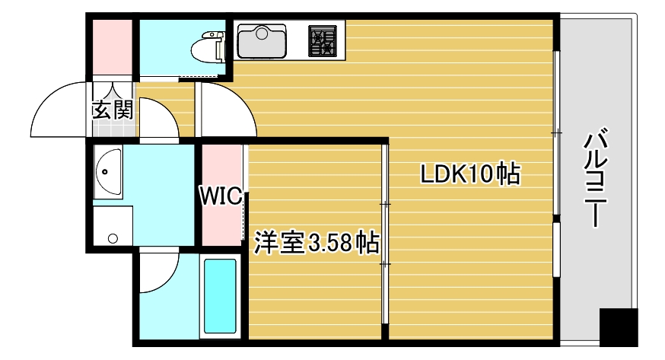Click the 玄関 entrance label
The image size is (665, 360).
(x=113, y=110)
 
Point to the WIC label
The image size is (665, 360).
(x=221, y=196)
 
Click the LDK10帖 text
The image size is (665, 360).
(x=471, y=175)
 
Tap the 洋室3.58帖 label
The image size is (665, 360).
(x=317, y=243)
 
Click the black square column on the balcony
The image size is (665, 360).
(x=617, y=327)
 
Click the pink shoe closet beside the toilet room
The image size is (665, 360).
(x=113, y=47)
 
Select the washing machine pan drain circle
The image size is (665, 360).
(x=113, y=239)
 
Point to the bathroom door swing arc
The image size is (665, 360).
(x=160, y=274)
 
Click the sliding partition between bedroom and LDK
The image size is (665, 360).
(x=385, y=236)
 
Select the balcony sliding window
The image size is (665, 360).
(x=557, y=175)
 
